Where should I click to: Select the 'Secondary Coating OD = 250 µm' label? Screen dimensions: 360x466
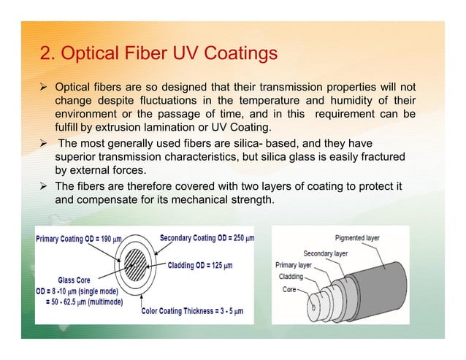pos(207,238)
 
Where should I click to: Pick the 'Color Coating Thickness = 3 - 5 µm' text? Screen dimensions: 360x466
pos(192,311)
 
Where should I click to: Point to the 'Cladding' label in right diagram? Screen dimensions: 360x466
pos(290,277)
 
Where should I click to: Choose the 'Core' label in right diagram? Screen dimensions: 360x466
pos(290,289)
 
